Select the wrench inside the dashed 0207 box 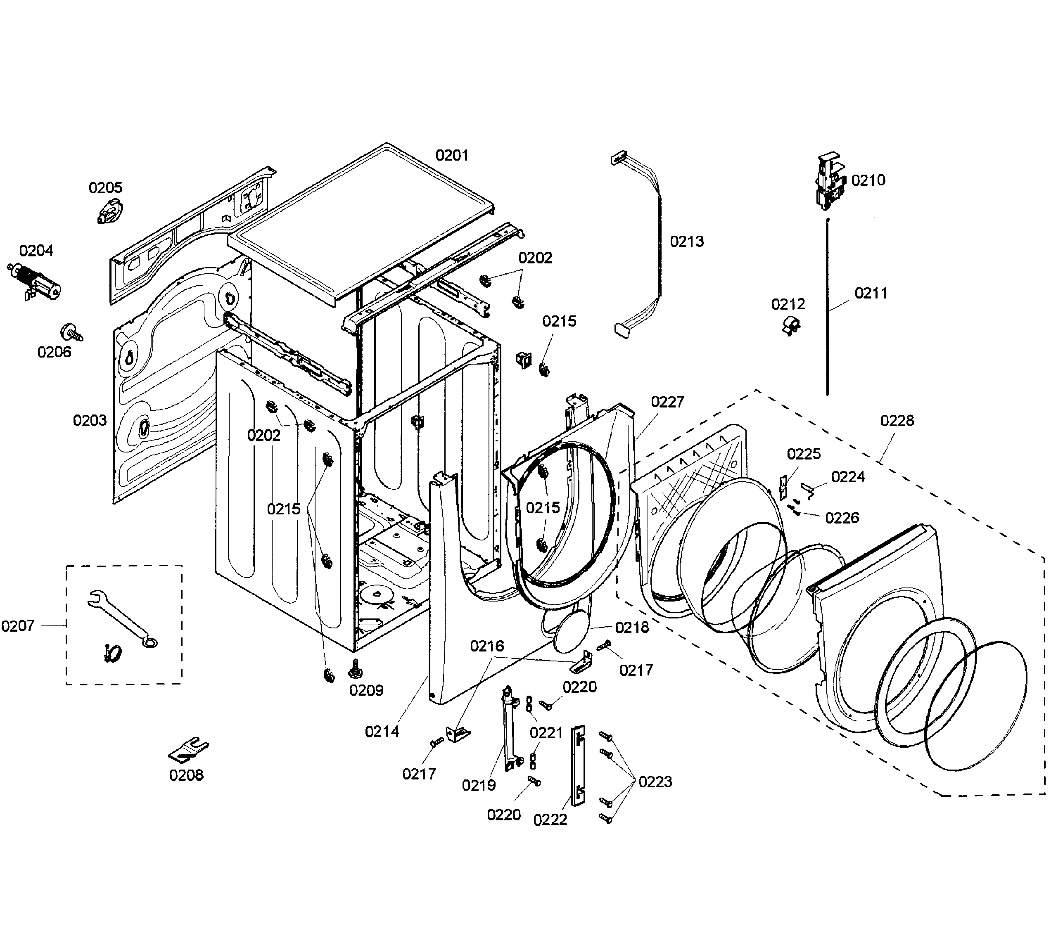tap(121, 618)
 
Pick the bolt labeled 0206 tap(71, 332)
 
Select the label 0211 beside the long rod tap(871, 293)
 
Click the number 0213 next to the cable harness tap(687, 241)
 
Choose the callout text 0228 tap(897, 421)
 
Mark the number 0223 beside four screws tap(655, 782)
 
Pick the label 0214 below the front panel tap(382, 731)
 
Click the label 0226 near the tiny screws tap(842, 517)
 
